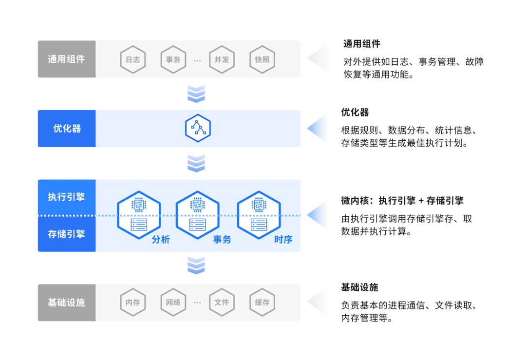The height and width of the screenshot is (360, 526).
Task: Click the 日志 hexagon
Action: pos(133,59)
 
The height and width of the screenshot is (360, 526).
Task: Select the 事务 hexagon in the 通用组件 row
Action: pos(173,59)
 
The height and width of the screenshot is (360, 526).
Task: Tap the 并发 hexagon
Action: pos(222,59)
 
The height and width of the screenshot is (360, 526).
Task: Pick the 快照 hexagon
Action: pos(262,59)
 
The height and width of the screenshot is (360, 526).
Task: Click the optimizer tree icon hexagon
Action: pos(198,129)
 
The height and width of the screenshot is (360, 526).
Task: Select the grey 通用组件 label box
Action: pos(67,59)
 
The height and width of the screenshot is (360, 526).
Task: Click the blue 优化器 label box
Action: pos(67,129)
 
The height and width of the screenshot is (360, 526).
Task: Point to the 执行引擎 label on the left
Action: pos(67,197)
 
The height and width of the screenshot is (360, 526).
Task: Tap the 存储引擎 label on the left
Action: pos(67,234)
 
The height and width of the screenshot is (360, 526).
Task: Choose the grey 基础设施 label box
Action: pos(67,303)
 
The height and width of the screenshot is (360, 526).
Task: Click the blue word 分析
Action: pos(161,239)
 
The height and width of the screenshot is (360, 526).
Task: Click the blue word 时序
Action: pos(283,239)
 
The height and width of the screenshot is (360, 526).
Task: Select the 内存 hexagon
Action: pos(133,303)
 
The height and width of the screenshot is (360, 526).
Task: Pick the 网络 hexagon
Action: pos(173,303)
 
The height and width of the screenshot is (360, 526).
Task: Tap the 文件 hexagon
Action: pos(222,303)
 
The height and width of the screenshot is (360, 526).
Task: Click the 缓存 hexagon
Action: pos(262,303)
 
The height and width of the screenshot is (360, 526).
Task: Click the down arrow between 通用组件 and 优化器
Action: pos(196,94)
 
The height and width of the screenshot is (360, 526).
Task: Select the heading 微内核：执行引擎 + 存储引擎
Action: pos(402,201)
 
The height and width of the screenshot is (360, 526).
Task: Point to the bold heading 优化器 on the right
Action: pos(355,113)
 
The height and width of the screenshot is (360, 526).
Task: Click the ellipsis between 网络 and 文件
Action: pos(197,303)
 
